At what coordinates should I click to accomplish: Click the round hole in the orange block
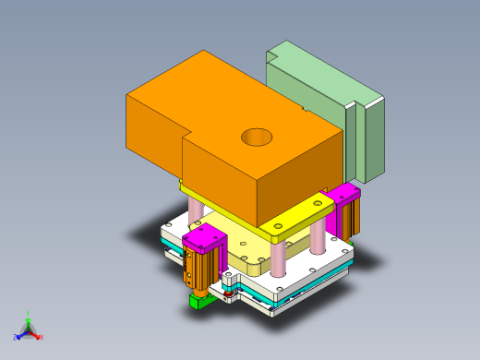[258, 138]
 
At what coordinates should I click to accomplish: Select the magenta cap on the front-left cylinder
[204, 242]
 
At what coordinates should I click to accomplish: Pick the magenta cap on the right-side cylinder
[346, 195]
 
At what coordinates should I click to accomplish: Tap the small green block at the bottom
[198, 302]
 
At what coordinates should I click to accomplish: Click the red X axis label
[42, 337]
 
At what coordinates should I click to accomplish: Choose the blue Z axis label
[16, 335]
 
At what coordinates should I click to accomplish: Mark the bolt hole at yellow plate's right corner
[320, 200]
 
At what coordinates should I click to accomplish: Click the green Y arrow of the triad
[28, 324]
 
